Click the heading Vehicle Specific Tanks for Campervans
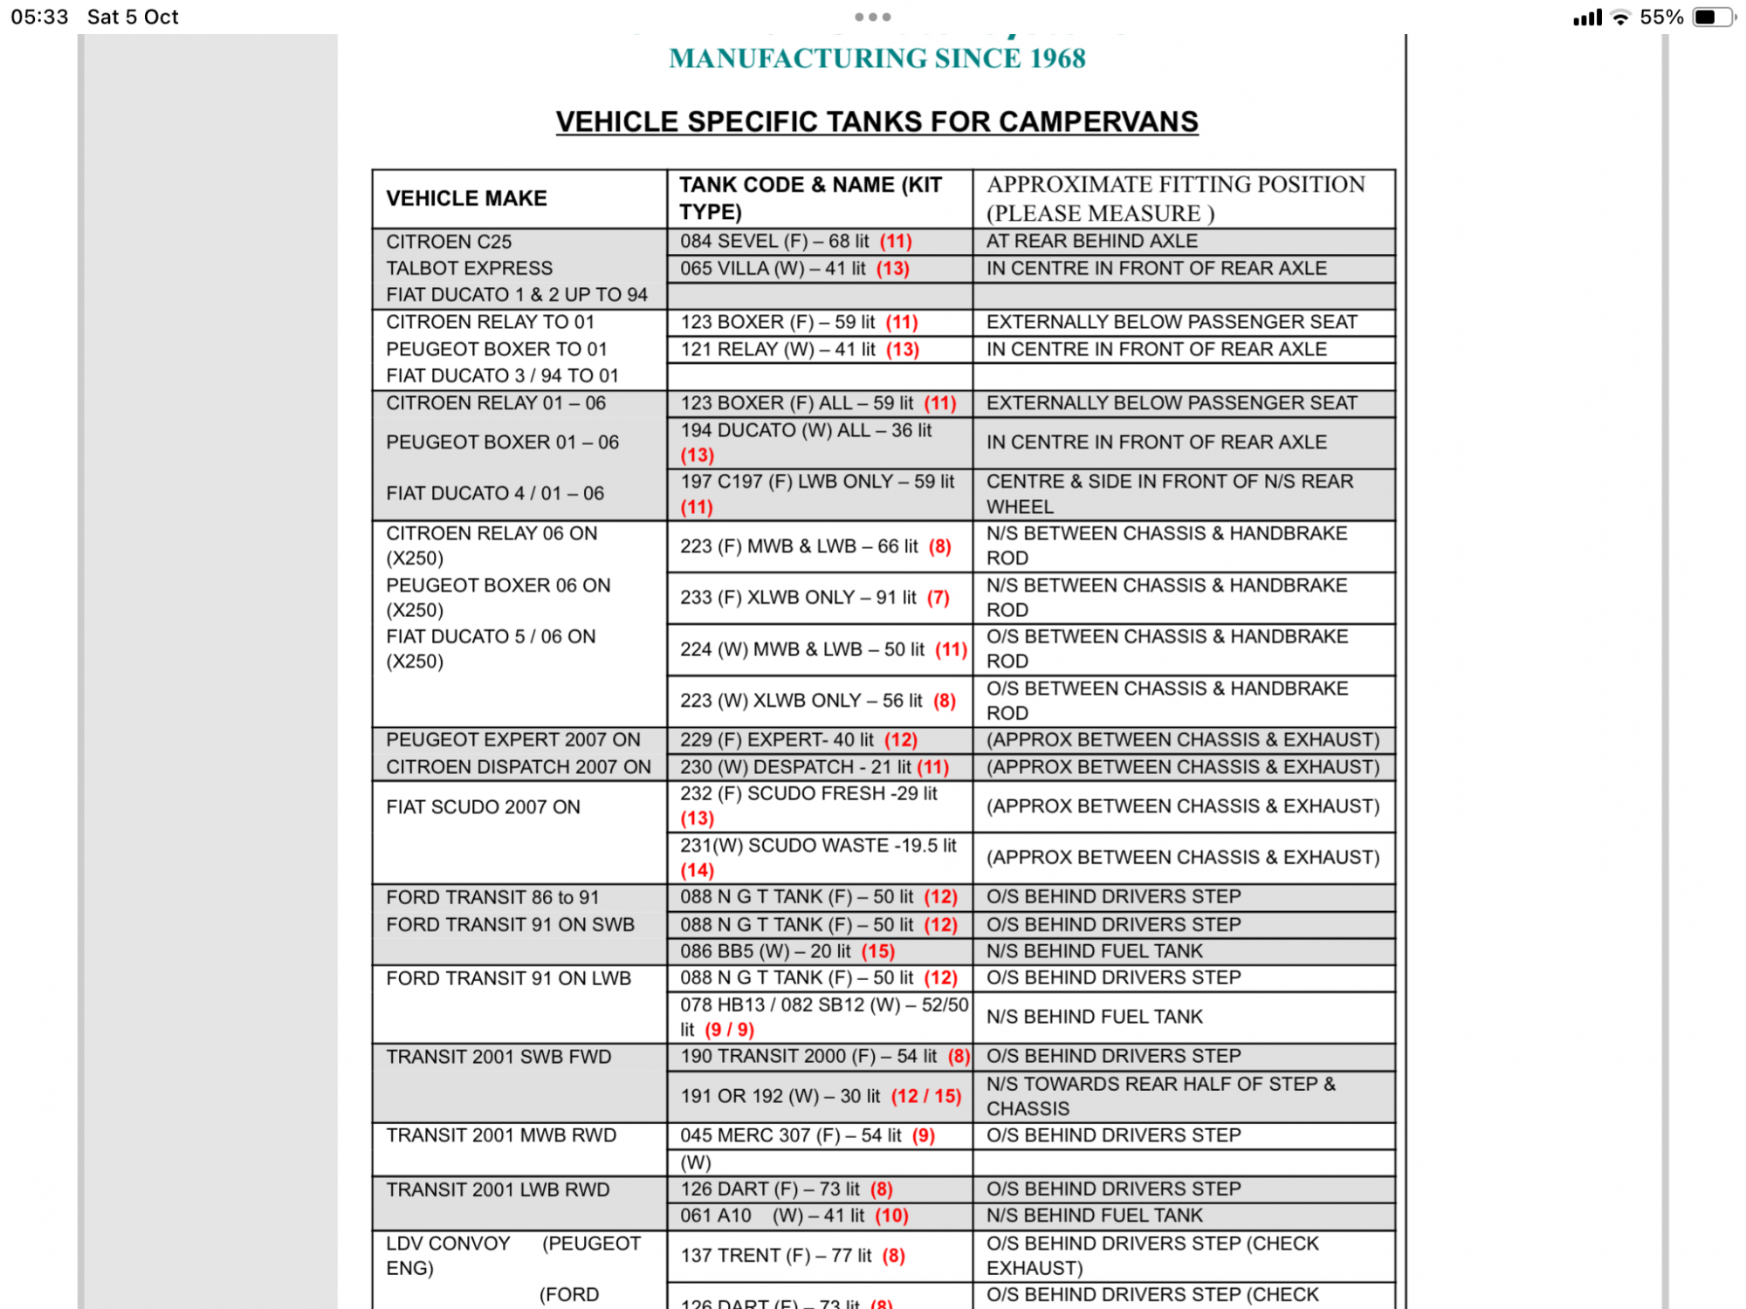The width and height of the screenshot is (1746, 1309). tap(876, 122)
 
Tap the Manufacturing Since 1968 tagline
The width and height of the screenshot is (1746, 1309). tap(876, 58)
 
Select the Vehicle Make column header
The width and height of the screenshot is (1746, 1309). tap(467, 199)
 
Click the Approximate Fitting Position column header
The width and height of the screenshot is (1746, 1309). tap(1175, 199)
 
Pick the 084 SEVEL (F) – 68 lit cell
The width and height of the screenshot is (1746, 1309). tap(795, 242)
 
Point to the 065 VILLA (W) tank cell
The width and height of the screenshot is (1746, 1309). tap(794, 269)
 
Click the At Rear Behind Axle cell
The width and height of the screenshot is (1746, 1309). tap(1091, 242)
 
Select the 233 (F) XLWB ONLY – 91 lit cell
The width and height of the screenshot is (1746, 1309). tap(815, 598)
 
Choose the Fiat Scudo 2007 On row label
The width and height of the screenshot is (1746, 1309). tap(483, 807)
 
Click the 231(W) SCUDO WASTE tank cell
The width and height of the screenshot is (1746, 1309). tap(818, 857)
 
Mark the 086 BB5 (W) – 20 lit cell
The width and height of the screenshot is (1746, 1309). tap(787, 951)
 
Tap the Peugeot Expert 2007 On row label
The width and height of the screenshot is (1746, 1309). tap(513, 740)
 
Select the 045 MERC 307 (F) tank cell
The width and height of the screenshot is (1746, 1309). tap(808, 1135)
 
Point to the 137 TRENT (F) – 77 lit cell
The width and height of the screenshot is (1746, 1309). tap(793, 1256)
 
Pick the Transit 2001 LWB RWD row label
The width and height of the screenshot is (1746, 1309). tap(498, 1189)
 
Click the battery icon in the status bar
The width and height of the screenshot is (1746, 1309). tap(1712, 17)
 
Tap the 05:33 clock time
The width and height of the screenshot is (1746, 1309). tap(39, 17)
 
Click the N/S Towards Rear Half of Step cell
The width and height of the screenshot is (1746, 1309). tap(1161, 1096)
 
